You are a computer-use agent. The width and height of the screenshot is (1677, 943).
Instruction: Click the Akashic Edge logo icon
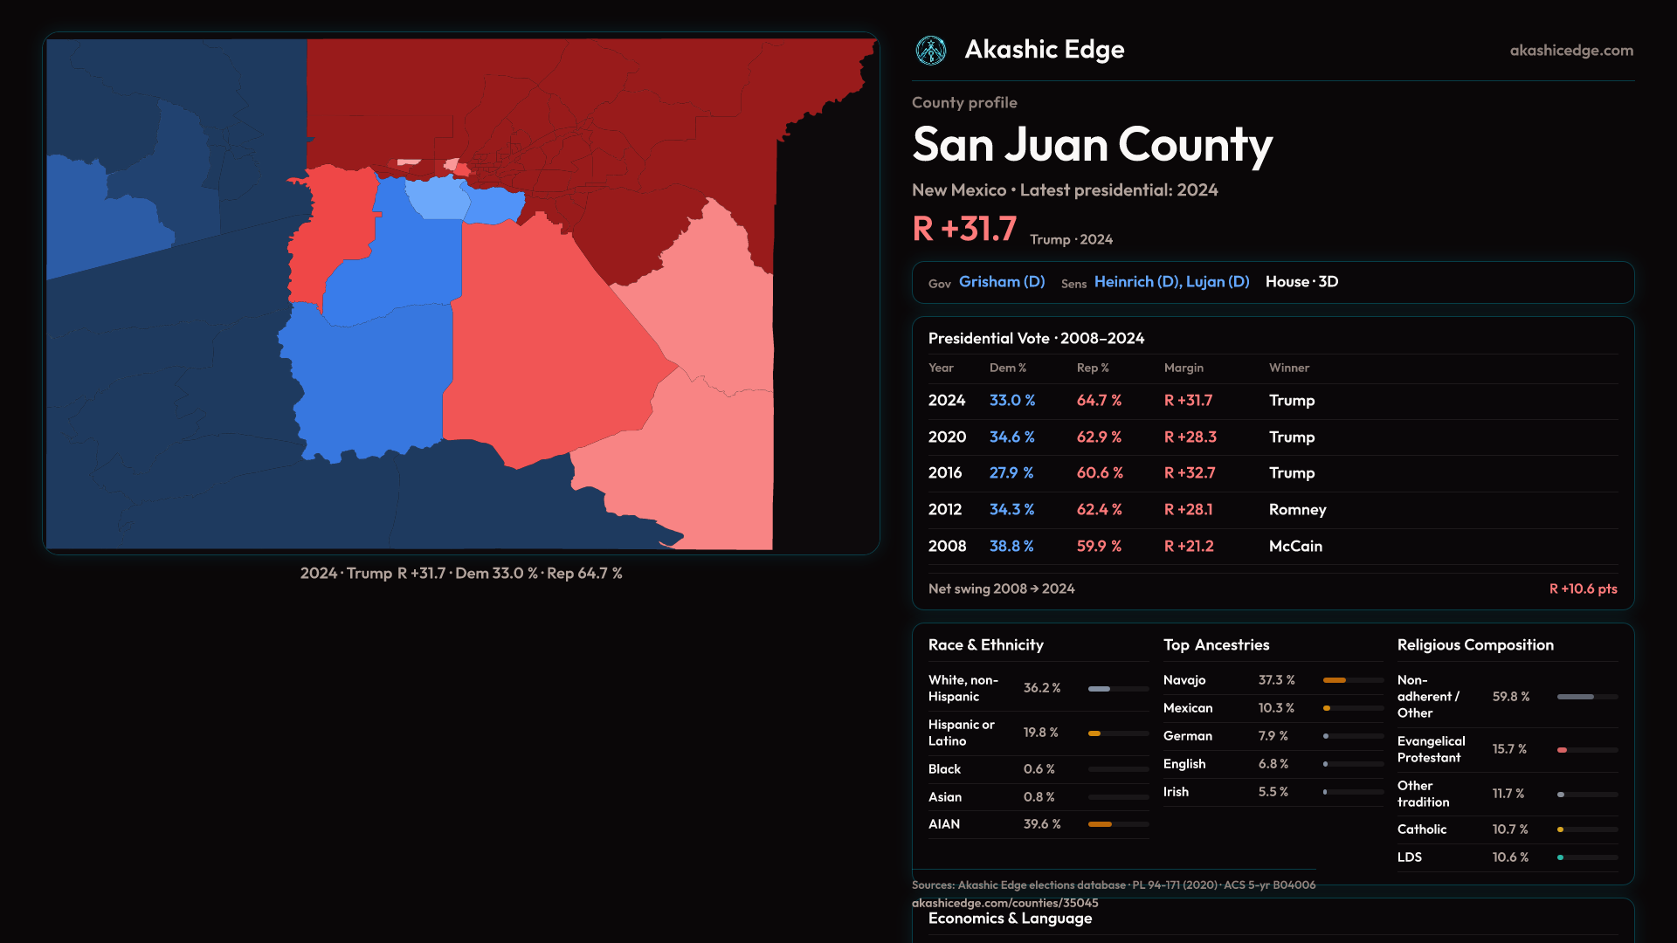(x=930, y=51)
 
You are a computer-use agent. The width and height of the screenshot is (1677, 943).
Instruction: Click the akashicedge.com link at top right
(x=1571, y=51)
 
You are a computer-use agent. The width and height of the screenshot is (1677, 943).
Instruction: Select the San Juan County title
(x=1092, y=145)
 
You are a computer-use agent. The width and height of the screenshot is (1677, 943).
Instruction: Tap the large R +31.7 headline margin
(x=964, y=229)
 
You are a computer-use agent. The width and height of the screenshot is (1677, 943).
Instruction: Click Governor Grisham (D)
(x=1001, y=282)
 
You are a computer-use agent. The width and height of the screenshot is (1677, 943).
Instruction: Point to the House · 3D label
(x=1301, y=282)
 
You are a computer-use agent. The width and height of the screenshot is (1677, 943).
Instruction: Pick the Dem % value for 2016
(x=1011, y=472)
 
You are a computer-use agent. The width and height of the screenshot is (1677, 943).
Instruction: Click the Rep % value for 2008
(x=1099, y=546)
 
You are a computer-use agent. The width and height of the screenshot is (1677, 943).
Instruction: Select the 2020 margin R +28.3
(x=1190, y=437)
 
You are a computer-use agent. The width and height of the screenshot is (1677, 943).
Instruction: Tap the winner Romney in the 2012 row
(x=1297, y=509)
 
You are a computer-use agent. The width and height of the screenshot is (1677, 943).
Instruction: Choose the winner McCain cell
(x=1295, y=546)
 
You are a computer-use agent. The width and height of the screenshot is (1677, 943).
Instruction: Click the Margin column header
(x=1184, y=368)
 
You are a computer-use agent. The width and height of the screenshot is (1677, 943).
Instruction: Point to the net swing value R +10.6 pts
(x=1583, y=589)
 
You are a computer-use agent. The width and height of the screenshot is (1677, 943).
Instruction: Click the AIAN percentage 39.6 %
(x=1042, y=824)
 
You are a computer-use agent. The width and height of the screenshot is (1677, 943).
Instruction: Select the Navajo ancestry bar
(x=1353, y=680)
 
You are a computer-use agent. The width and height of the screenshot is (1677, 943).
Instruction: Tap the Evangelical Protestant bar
(x=1587, y=750)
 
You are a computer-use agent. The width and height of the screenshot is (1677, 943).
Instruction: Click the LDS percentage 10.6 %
(x=1510, y=857)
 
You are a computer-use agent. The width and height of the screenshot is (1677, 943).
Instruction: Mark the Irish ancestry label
(x=1176, y=792)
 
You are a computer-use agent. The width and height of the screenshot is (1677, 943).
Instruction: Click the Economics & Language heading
(x=1010, y=919)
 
